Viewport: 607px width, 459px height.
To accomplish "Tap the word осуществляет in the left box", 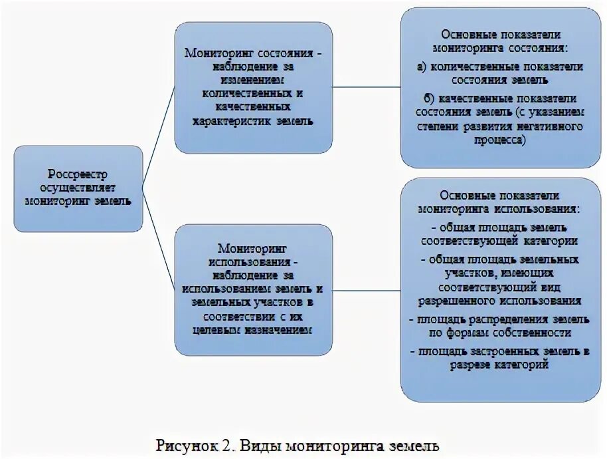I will (77, 187).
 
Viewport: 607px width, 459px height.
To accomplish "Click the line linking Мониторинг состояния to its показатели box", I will (366, 86).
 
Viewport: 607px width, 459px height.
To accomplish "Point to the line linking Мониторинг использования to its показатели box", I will (366, 291).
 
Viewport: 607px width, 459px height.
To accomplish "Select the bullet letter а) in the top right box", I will (422, 67).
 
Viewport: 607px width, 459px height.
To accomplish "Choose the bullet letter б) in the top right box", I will (422, 98).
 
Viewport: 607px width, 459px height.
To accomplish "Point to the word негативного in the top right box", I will (549, 126).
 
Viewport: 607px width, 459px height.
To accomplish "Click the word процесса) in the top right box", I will (499, 139).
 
